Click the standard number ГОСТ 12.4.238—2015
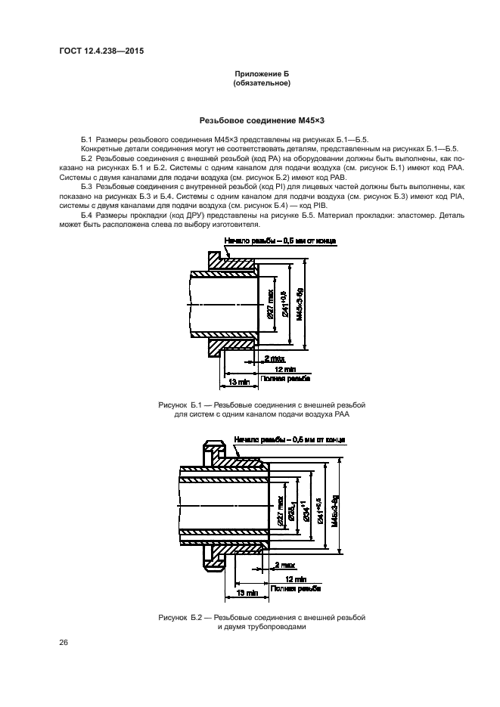pyautogui.click(x=101, y=51)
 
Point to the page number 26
pyautogui.click(x=64, y=643)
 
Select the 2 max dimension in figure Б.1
pyautogui.click(x=275, y=358)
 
